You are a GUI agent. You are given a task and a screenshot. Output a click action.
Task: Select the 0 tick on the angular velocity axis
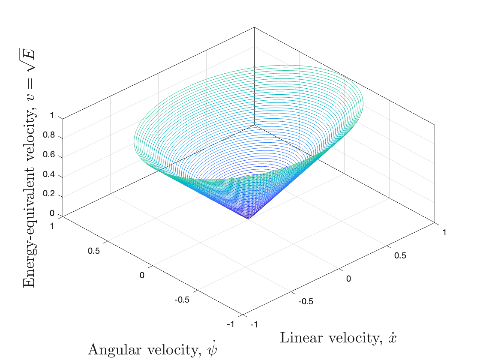tap(142, 275)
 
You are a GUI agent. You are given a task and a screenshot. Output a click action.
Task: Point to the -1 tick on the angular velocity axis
tap(231, 324)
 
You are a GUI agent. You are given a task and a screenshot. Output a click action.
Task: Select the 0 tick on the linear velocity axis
tap(348, 279)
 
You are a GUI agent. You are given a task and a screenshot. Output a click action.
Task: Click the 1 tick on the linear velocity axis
tap(444, 233)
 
